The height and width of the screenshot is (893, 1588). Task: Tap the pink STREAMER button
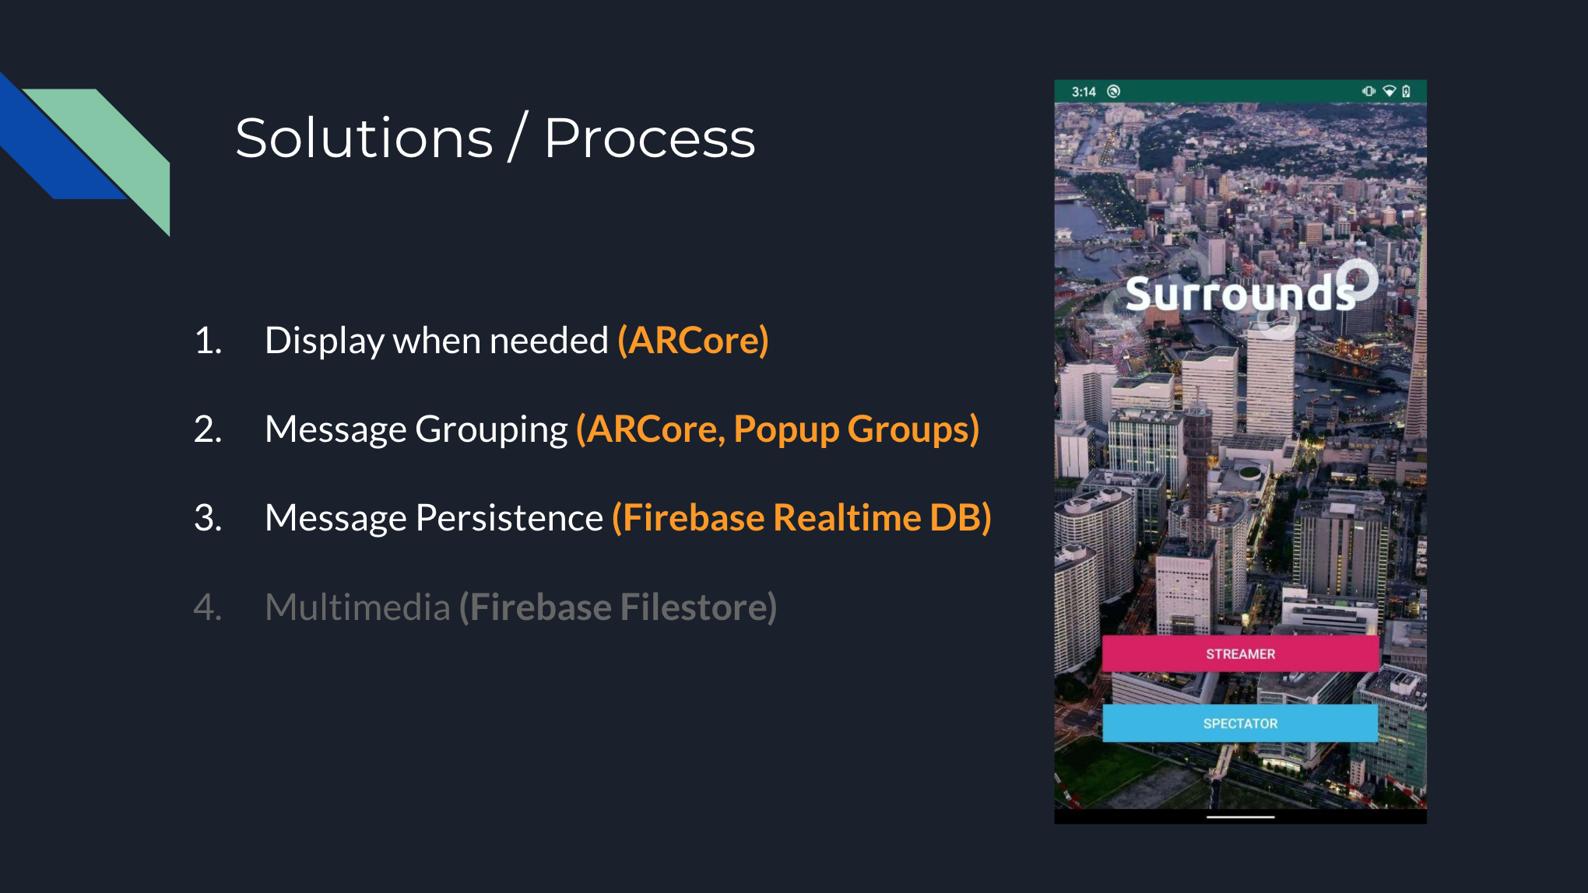(x=1240, y=653)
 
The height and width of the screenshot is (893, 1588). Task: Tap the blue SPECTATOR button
(x=1240, y=723)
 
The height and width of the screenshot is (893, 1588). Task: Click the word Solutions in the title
(x=364, y=138)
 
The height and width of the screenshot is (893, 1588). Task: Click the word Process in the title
(x=650, y=138)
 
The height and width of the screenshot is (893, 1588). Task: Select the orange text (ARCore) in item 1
(x=693, y=341)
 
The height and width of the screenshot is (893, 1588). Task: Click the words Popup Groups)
(x=856, y=429)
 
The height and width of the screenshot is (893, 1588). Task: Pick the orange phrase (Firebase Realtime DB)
(x=802, y=518)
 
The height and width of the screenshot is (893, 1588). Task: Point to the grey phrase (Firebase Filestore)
(x=618, y=607)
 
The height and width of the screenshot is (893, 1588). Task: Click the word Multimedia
(x=357, y=607)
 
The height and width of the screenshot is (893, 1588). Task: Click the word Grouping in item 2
(x=492, y=429)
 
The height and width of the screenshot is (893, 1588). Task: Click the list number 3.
(x=207, y=518)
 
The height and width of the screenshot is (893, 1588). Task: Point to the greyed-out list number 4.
(x=207, y=607)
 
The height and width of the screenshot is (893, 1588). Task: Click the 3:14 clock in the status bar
(x=1084, y=92)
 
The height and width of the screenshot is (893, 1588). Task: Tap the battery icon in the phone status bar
(x=1407, y=91)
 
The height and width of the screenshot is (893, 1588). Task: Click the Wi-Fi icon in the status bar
(x=1389, y=91)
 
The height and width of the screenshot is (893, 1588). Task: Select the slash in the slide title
(x=518, y=136)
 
